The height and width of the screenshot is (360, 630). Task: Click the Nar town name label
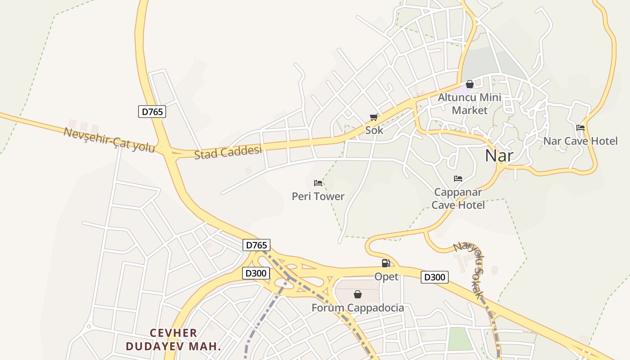coord(499,156)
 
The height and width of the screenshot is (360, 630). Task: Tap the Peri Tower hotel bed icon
coord(318,183)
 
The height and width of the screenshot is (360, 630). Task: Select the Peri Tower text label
coord(318,196)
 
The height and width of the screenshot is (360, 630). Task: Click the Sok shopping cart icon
coord(373,117)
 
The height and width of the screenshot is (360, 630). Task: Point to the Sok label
coord(374,130)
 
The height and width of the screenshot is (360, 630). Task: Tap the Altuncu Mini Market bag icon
coord(470,84)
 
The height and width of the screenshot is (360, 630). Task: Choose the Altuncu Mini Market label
coord(470,103)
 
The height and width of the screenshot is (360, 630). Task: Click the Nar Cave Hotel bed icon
coord(580,128)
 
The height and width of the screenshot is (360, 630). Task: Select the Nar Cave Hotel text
coord(580,141)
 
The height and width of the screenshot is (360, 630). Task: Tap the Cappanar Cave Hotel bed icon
coord(458,179)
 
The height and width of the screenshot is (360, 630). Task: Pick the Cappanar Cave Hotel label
coord(458,198)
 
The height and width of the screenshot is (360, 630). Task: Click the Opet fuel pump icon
coord(386,263)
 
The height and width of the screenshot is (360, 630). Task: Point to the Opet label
coord(387,276)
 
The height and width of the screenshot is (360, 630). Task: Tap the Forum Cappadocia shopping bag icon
coord(358,294)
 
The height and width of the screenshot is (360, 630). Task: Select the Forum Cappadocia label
coord(358,308)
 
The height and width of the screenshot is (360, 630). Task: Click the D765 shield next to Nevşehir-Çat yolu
coord(152,112)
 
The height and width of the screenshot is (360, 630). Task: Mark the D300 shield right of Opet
coord(435,277)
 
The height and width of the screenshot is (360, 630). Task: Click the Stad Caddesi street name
coord(228,152)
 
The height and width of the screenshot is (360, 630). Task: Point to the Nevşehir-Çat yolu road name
coord(109,140)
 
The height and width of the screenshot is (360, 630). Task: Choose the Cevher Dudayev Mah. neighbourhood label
coord(173,340)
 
